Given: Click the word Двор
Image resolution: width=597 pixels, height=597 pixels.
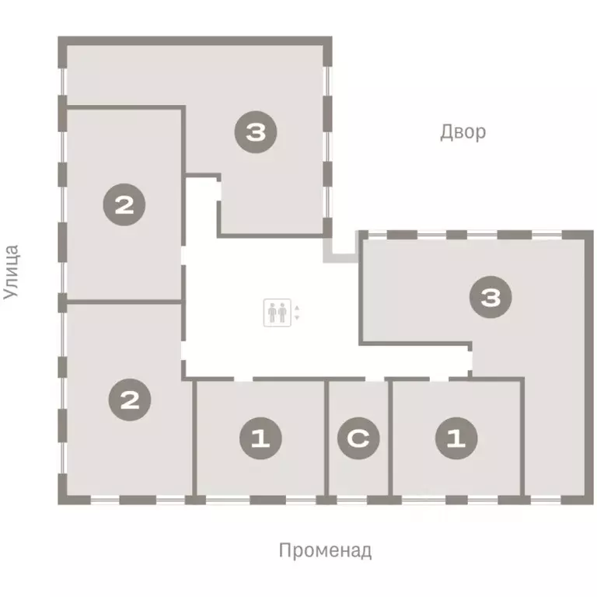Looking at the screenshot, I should (463, 131).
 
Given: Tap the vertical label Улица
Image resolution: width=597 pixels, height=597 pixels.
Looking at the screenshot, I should (11, 272).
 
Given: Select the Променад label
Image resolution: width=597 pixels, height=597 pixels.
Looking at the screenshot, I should (325, 551).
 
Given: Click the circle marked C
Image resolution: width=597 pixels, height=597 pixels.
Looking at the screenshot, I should (358, 438).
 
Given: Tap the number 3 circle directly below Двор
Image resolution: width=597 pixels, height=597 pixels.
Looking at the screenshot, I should (490, 298).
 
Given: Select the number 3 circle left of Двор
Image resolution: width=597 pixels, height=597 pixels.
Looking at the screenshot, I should (256, 132).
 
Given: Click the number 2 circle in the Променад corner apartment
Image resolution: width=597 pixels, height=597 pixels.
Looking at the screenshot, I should (130, 400).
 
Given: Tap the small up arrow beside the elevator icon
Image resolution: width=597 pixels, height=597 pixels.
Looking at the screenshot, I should (296, 309).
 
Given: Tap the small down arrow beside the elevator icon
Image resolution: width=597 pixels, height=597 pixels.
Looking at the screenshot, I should (296, 318).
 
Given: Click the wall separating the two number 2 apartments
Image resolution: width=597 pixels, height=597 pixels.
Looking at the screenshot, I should (124, 302).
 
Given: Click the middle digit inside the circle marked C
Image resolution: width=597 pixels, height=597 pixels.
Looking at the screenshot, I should (358, 438).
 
